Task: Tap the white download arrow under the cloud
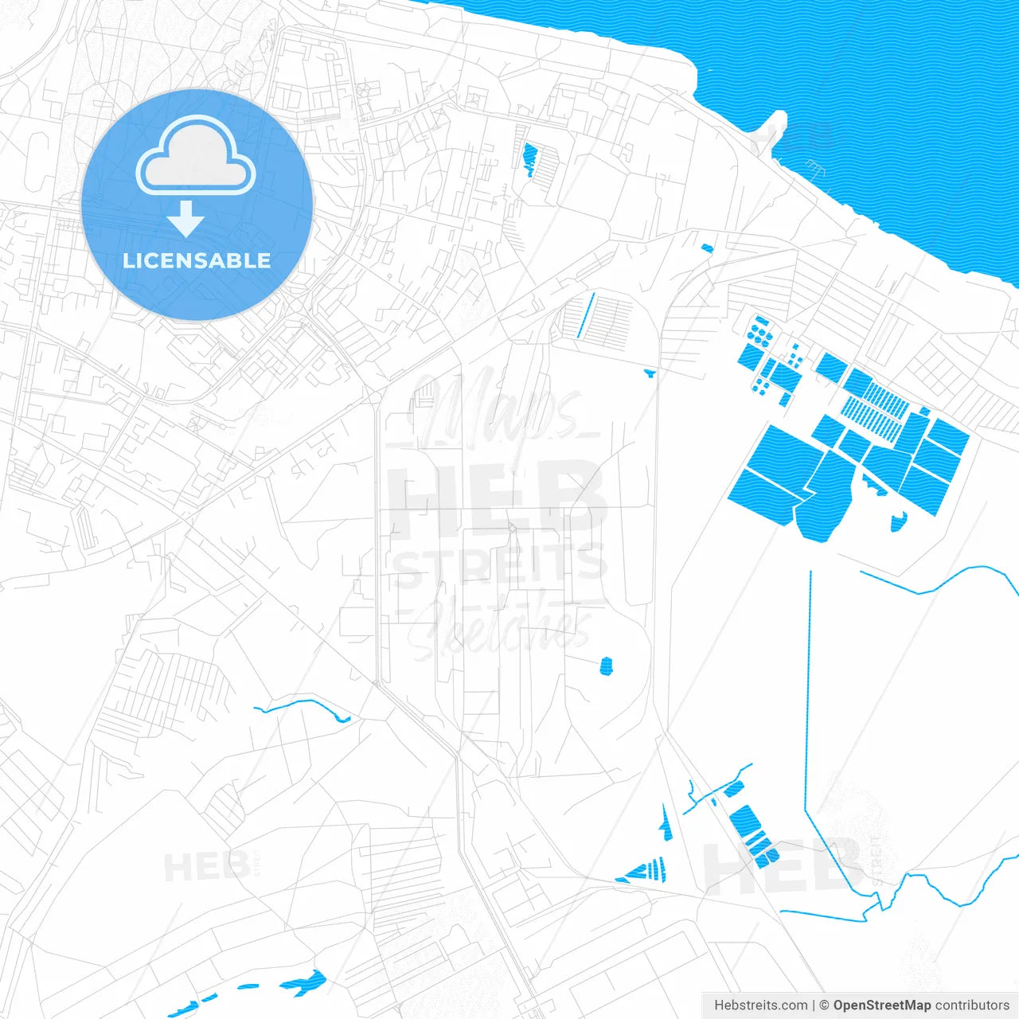point(186,219)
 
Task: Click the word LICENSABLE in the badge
point(197,260)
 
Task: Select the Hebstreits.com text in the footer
point(760,1005)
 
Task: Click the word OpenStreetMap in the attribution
point(881,1005)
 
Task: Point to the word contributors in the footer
point(972,1005)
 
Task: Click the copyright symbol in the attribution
point(824,1005)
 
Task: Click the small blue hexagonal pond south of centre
point(606,666)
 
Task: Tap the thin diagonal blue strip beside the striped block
point(586,315)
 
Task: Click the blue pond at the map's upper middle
point(529,158)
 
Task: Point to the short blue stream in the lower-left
point(303,706)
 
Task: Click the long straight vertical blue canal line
point(810,685)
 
